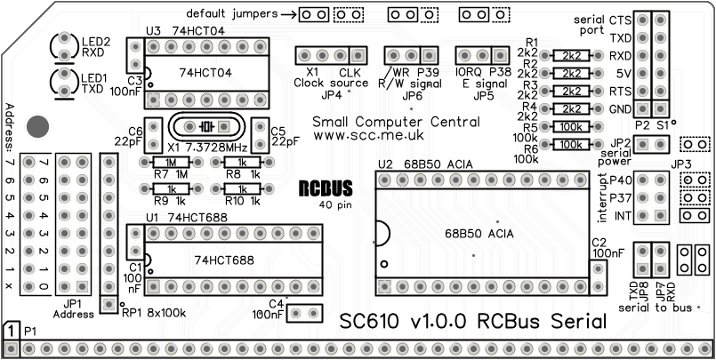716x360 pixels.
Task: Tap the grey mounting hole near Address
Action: click(x=38, y=126)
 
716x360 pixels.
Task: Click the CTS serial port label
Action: click(x=620, y=20)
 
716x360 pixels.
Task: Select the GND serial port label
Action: click(x=620, y=108)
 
